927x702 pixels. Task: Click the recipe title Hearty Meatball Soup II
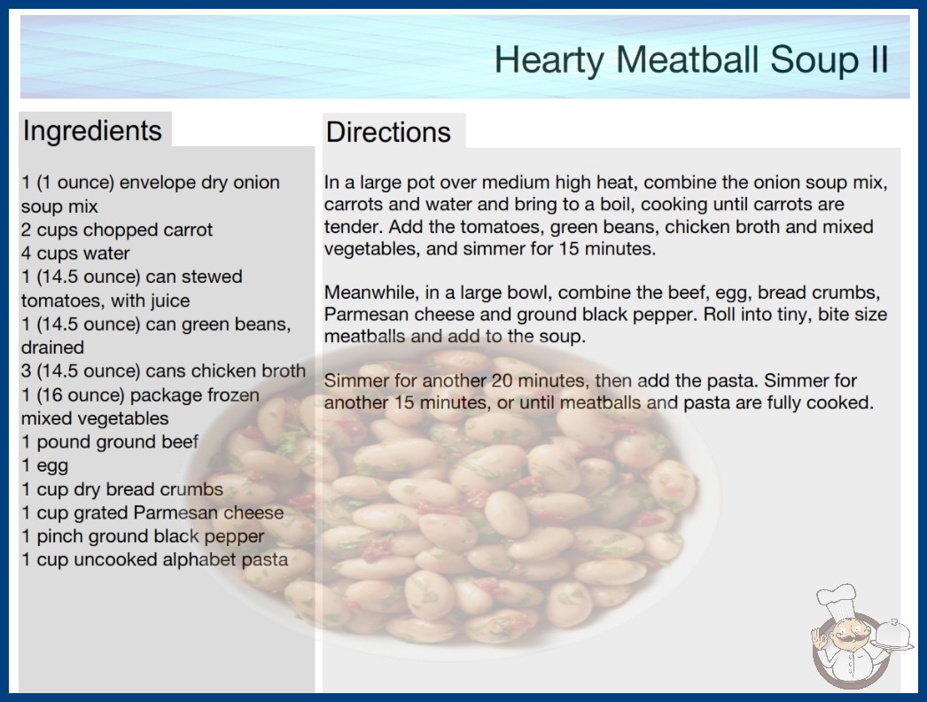tap(691, 60)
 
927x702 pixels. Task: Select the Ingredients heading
tap(92, 131)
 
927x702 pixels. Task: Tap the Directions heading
tap(388, 132)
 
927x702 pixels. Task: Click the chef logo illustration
tap(861, 636)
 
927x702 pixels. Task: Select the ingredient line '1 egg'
tap(45, 466)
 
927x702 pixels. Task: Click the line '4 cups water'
tap(75, 253)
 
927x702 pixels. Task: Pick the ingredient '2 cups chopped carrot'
tap(117, 230)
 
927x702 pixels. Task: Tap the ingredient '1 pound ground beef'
tap(110, 442)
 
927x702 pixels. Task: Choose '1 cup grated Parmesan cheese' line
tap(152, 512)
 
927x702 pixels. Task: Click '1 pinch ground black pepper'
tap(143, 536)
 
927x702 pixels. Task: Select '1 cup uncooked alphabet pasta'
tap(155, 560)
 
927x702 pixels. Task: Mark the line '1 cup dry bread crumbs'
tap(122, 489)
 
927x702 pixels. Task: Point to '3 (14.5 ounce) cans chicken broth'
tap(164, 371)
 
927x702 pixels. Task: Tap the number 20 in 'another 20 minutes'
tap(502, 381)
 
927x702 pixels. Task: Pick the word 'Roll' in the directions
tap(717, 315)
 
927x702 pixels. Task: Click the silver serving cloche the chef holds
tap(892, 636)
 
